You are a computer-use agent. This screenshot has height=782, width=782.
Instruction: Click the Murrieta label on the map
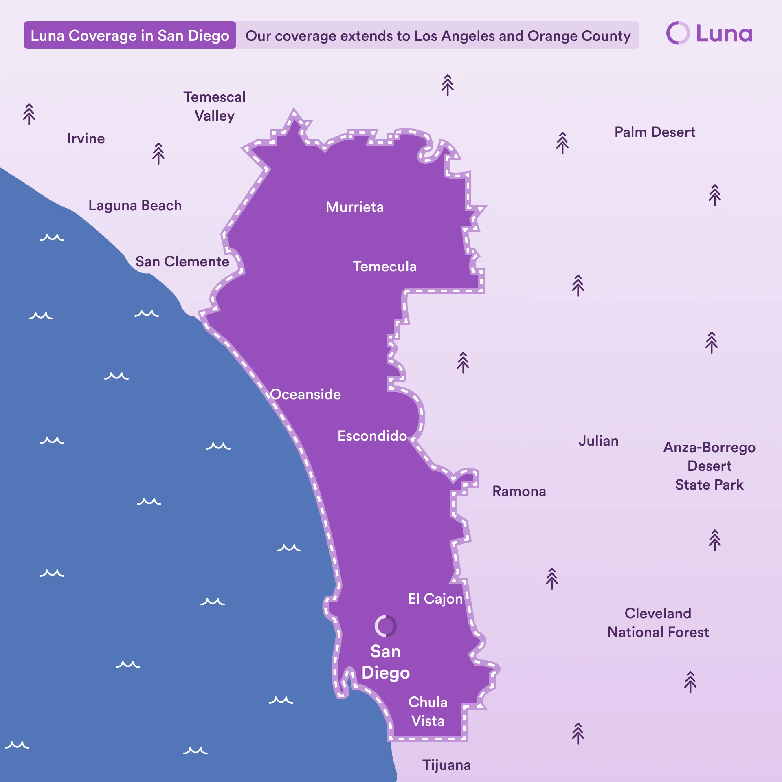coord(354,207)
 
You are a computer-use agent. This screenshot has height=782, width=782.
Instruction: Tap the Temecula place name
coord(384,266)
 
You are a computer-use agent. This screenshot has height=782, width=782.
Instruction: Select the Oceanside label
coord(305,394)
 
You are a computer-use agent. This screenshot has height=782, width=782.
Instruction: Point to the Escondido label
coord(372,436)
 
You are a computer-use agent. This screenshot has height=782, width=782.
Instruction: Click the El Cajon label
coord(435,599)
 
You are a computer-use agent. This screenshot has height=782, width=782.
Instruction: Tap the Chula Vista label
coord(428,712)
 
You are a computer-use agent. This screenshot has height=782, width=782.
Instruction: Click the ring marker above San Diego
coord(385,626)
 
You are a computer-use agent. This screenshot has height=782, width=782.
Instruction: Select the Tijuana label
coord(446,765)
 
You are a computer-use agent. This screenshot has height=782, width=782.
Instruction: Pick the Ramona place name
coord(519,491)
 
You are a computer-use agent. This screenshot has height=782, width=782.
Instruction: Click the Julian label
coord(598,441)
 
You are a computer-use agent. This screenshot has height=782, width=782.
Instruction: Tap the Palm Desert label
coord(655,132)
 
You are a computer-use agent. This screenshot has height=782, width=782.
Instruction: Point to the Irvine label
coord(86,138)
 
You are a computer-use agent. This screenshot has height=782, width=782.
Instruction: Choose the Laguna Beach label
coord(135,205)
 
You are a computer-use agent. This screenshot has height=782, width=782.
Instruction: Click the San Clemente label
coord(182,261)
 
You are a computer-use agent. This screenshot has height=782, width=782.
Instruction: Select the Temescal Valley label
coord(215,106)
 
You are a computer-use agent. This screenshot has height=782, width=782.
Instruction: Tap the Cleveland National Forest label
coord(658,623)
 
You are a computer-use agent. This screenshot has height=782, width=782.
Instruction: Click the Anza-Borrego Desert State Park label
coord(709,466)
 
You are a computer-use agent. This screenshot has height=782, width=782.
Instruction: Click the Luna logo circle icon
coord(678,33)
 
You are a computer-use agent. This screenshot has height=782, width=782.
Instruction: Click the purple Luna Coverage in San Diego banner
coord(130,35)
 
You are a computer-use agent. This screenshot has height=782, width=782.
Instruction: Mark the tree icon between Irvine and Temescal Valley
coord(158,154)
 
